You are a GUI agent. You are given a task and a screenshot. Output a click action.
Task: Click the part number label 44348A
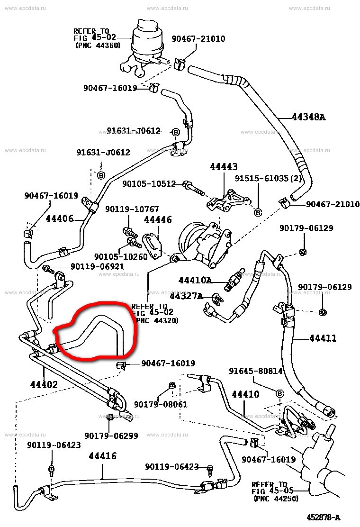point(308,117)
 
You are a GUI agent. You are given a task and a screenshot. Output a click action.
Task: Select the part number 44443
point(224,167)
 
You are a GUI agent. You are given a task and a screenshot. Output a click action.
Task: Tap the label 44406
point(59,218)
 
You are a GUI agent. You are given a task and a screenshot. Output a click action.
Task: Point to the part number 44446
point(158,219)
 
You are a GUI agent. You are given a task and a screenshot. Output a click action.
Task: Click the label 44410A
point(195,280)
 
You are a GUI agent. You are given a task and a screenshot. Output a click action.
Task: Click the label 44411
point(323,338)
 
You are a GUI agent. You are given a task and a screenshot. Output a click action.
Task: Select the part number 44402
point(44,385)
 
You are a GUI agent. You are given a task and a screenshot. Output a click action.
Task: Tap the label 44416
point(102,456)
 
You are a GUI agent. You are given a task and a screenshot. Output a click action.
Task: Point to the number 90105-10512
point(149,183)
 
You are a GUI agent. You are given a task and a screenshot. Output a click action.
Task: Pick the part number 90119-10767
point(132,209)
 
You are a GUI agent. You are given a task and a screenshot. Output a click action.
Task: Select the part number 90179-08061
point(161,404)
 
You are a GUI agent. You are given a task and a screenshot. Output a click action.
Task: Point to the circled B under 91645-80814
point(279,394)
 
